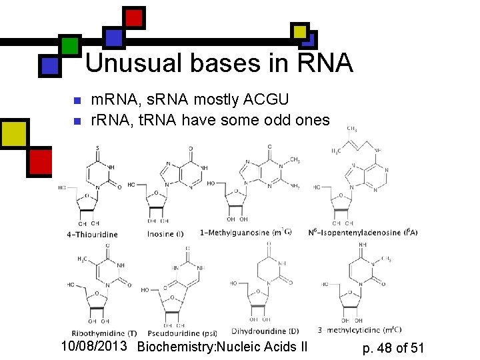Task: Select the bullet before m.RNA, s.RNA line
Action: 76,101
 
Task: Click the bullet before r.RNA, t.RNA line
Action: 76,121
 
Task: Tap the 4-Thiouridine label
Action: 92,235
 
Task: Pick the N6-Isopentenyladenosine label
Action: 363,232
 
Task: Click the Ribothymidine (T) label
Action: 104,333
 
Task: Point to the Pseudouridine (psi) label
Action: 182,333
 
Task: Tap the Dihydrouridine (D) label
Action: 265,331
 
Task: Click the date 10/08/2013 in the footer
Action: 95,347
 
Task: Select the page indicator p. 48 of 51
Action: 393,347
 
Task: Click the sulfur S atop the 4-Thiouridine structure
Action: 98,147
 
